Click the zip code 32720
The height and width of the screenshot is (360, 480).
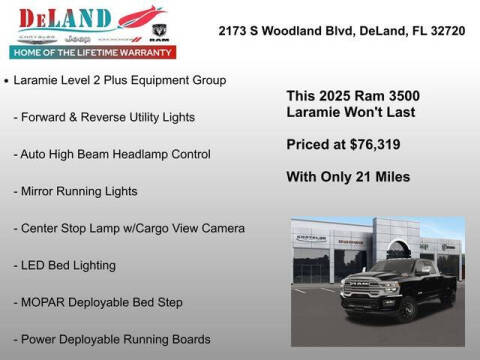point(441,31)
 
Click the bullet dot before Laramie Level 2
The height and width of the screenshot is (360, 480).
point(8,79)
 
